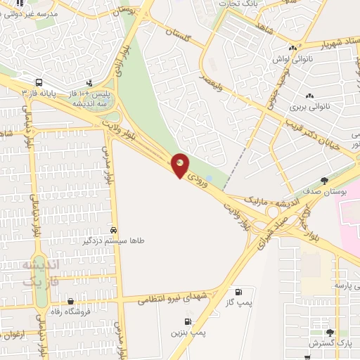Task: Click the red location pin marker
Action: click(x=181, y=165)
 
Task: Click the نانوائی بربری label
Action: click(x=309, y=108)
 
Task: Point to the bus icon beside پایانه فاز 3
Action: click(x=39, y=82)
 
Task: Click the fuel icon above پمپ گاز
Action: click(x=239, y=292)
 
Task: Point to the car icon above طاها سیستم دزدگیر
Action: click(x=114, y=231)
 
